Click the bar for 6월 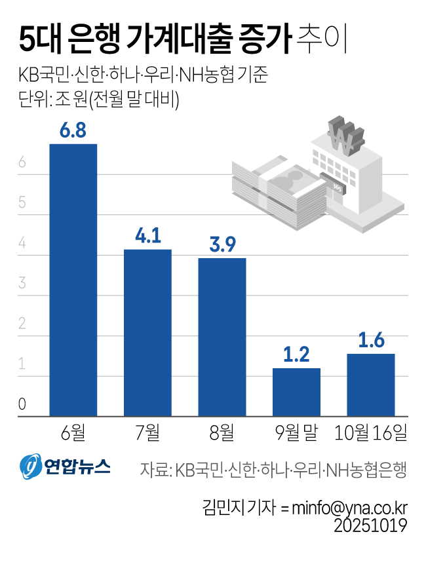(73, 280)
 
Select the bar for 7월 (147, 332)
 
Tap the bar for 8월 (222, 337)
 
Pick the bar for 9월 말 (296, 392)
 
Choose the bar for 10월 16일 (370, 385)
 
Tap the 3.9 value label (222, 244)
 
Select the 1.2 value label (296, 354)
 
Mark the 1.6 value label (371, 340)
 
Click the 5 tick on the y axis (22, 203)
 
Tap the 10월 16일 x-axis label (370, 432)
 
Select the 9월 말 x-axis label (296, 432)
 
